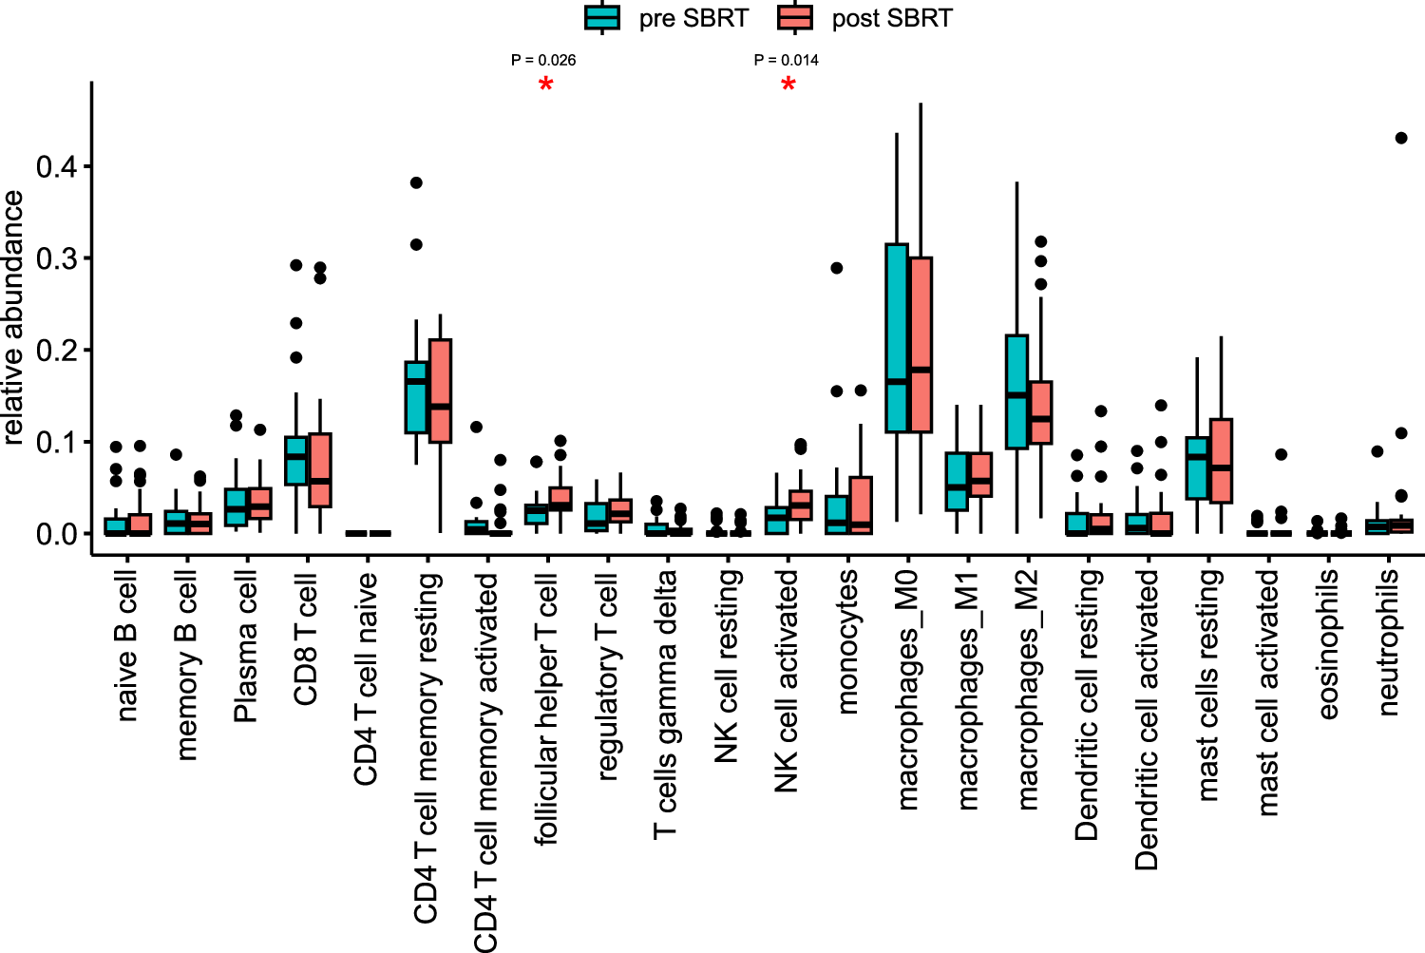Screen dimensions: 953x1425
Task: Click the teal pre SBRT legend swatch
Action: (x=602, y=17)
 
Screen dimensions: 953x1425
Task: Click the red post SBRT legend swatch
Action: (x=794, y=17)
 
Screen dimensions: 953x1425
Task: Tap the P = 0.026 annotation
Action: (x=543, y=60)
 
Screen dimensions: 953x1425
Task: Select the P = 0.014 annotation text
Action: (x=787, y=60)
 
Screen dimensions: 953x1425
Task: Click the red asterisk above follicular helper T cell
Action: (x=545, y=86)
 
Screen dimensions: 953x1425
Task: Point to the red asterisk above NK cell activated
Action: (x=788, y=86)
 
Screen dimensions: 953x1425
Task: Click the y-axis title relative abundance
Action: (x=13, y=317)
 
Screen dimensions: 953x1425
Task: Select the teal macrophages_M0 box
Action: (x=897, y=337)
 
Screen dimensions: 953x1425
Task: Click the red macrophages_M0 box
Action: (x=920, y=344)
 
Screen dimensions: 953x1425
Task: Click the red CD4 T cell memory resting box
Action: (x=440, y=391)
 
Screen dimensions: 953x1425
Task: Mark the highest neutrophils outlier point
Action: (x=1401, y=138)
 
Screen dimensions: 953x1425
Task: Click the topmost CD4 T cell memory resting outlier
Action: (x=416, y=182)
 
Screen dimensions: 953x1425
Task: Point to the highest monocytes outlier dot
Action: (x=837, y=268)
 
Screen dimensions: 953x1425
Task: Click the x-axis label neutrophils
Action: (x=1388, y=642)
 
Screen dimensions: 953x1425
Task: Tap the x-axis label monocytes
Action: (x=847, y=641)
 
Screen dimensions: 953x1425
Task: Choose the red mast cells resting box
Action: (x=1221, y=461)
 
